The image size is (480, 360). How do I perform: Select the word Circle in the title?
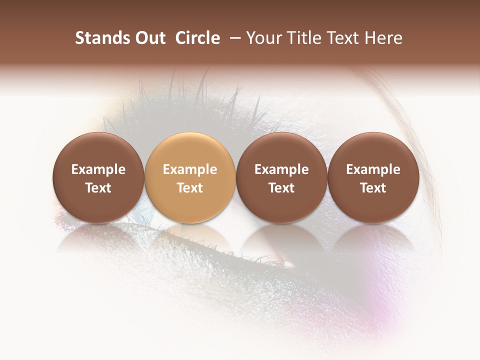coord(197,38)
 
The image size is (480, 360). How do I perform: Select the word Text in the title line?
coord(345,38)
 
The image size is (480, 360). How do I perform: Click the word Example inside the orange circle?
coord(190,169)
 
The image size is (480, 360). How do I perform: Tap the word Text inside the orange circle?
coord(190,188)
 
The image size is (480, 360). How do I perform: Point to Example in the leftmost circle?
coord(98,169)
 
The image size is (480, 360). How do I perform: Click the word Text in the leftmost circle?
coord(98,188)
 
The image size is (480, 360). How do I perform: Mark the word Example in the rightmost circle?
coord(373,169)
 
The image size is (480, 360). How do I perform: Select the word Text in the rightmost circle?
coord(373,188)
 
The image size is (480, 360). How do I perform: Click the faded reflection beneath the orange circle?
coord(190,240)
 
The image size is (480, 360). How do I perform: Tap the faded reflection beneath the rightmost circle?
coord(373,240)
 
